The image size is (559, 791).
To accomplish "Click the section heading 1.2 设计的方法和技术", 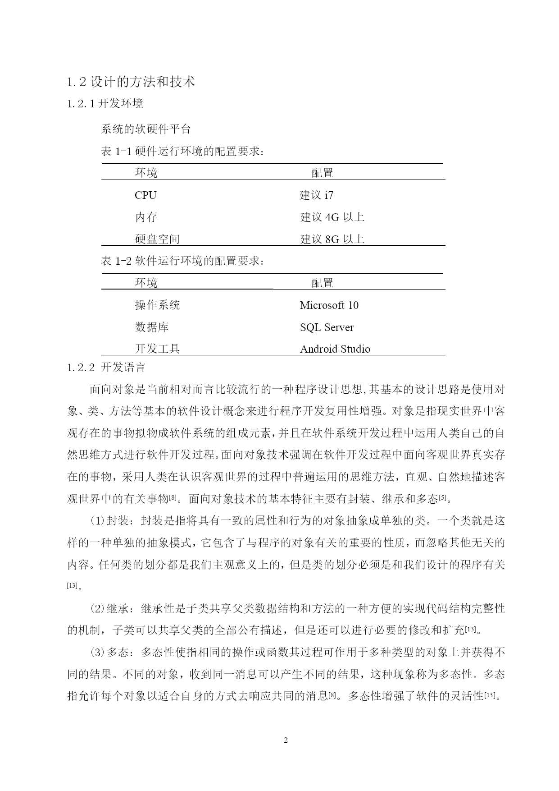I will point(131,82).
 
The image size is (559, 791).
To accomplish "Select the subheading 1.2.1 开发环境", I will point(105,104).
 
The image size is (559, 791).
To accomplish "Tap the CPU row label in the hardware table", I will point(145,195).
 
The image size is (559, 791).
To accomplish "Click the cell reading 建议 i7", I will point(316,195).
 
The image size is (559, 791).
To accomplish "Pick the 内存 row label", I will point(146,217).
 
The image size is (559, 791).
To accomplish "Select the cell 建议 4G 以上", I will point(332,217).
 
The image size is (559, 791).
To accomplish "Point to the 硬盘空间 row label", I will point(157,239).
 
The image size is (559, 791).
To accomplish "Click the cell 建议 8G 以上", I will point(332,239).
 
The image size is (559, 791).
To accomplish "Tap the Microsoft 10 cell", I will point(329,305).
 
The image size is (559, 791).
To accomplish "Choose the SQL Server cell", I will point(327,327).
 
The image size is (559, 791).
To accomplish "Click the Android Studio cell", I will point(335,349).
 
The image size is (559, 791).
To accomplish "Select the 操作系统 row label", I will point(157,305).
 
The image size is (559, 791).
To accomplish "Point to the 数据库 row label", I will point(151,327).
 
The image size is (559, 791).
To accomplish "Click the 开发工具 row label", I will point(157,349).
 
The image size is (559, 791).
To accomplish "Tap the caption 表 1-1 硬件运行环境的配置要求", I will point(182,152).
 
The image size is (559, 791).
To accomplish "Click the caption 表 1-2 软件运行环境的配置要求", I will point(182,261).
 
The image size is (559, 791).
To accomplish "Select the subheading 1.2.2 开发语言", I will point(106,368).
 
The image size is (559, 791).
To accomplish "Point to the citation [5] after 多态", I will point(442,498).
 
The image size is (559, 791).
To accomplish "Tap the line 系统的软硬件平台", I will point(146,129).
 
